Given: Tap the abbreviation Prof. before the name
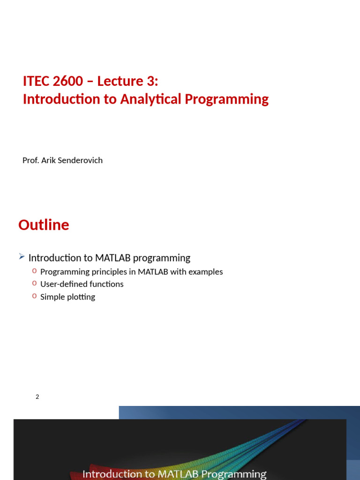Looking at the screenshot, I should pos(30,160).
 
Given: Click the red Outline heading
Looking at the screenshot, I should pos(44,225).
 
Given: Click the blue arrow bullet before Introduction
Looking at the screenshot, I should pos(22,256).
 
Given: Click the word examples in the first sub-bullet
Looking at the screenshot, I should pos(206,272).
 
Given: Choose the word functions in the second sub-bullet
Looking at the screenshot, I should pos(108,284).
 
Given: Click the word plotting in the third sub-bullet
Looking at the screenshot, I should pos(81,297).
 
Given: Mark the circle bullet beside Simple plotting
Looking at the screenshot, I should pos(34,296).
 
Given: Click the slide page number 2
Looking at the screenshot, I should pos(37,397).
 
